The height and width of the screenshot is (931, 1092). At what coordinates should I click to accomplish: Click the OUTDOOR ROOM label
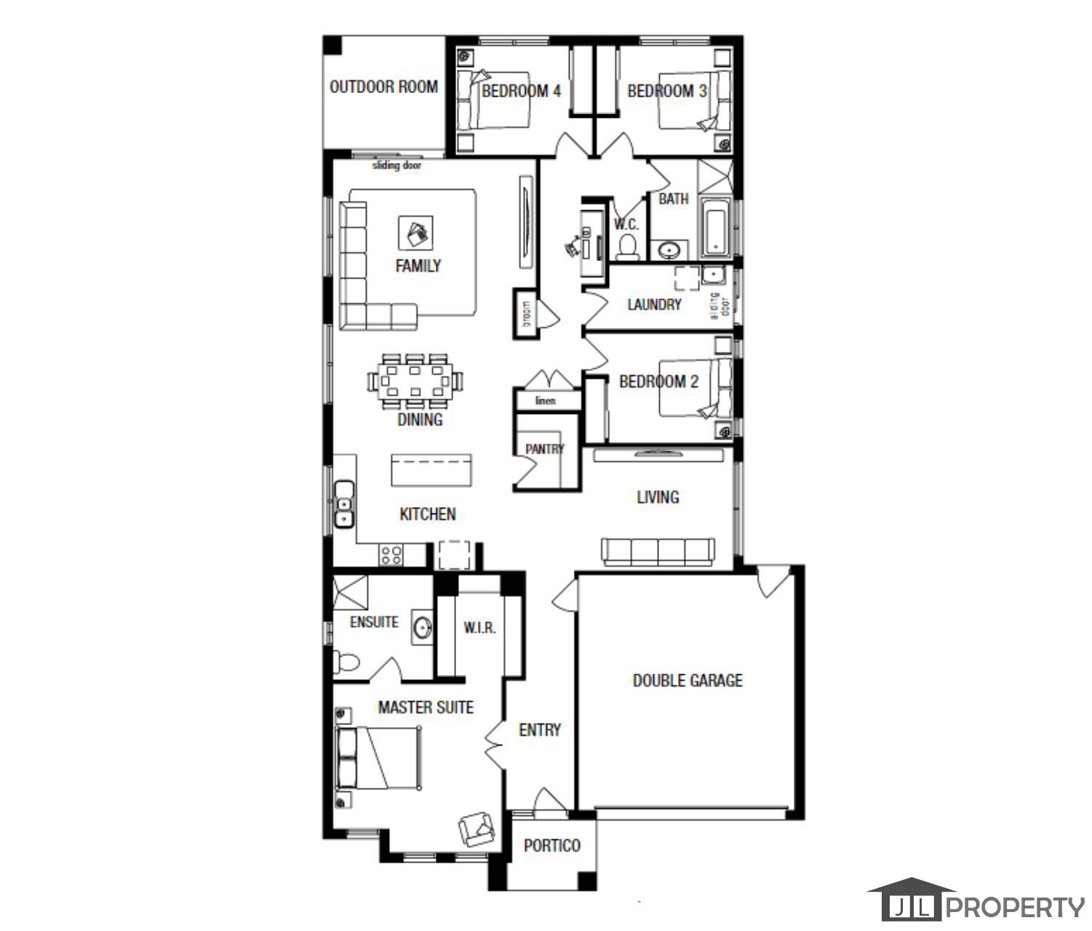383,87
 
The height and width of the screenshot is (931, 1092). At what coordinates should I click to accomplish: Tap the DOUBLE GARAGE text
688,681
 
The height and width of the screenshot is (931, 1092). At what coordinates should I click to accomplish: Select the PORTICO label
552,845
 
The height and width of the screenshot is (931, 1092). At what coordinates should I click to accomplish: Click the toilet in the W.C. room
626,247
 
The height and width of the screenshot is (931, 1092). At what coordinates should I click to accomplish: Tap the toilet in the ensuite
346,663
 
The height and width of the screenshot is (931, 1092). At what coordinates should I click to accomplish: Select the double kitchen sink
343,503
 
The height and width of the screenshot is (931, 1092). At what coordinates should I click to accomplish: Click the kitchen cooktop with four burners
391,555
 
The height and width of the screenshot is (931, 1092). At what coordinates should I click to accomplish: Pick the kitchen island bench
431,471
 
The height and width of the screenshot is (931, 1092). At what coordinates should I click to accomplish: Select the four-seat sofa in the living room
658,551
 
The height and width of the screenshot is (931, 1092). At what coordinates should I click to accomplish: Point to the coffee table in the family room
416,233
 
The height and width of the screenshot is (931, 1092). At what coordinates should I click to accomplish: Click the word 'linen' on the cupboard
545,401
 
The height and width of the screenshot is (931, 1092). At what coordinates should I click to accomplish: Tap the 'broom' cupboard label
527,314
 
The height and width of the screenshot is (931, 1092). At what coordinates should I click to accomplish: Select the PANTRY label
544,449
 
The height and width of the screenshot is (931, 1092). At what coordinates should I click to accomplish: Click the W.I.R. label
479,628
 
